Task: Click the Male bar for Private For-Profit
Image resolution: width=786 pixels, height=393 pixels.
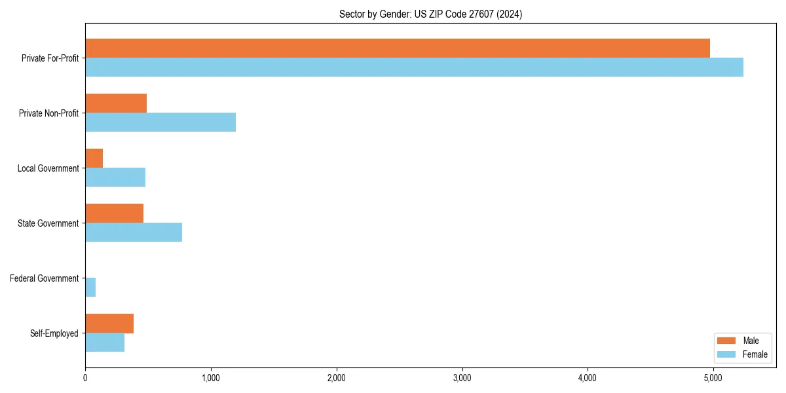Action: click(397, 48)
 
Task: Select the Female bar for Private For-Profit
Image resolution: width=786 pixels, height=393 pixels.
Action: click(414, 67)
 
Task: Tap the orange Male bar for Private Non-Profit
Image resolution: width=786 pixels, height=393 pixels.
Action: click(116, 103)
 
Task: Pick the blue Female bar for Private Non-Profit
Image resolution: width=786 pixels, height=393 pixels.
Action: click(160, 122)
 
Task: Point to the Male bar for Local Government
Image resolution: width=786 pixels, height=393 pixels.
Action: click(94, 158)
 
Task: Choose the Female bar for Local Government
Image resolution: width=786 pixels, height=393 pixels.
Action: click(115, 177)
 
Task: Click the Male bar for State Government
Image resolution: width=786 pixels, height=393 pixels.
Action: click(114, 213)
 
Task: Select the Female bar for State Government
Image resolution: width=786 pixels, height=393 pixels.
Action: click(134, 232)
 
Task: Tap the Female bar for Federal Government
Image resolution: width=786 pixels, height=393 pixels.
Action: click(90, 287)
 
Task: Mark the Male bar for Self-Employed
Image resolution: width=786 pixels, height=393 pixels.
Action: click(109, 323)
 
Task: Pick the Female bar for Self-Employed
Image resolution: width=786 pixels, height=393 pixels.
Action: click(105, 342)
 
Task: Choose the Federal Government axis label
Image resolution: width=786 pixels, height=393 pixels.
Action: click(45, 278)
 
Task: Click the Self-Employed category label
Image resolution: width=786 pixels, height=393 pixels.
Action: click(54, 333)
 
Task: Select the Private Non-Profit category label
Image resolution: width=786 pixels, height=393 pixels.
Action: click(48, 113)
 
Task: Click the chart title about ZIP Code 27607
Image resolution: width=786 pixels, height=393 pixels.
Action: click(430, 14)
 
